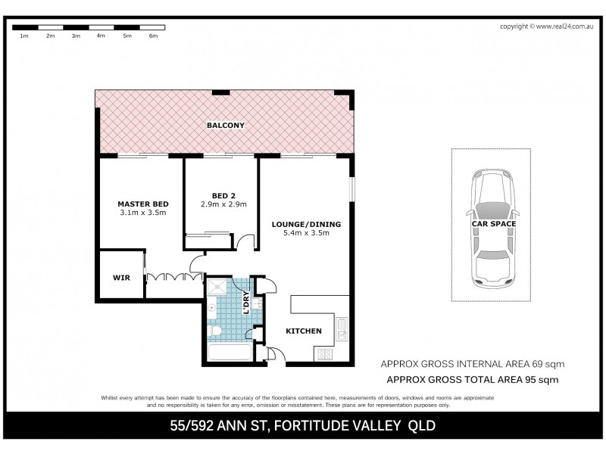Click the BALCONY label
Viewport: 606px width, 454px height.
click(x=226, y=125)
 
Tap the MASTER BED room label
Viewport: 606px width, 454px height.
click(x=142, y=204)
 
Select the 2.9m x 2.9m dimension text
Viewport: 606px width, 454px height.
click(x=223, y=205)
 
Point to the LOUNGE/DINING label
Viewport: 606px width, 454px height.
click(x=306, y=224)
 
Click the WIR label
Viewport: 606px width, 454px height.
click(x=121, y=278)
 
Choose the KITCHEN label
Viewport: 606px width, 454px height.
click(x=303, y=331)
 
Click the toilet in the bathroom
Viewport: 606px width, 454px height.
click(x=215, y=331)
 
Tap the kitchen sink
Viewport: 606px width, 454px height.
click(x=342, y=328)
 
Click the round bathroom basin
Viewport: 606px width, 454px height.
click(x=213, y=309)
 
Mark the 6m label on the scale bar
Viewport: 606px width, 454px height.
click(x=152, y=36)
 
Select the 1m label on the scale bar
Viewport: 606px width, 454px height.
click(x=24, y=36)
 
